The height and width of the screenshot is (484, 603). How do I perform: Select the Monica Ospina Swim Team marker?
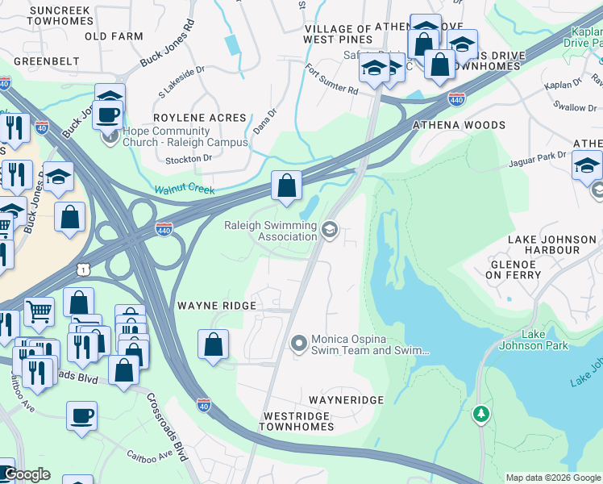(299, 344)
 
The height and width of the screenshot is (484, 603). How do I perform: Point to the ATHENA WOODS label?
(459, 125)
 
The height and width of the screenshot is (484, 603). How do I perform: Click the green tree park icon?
(481, 413)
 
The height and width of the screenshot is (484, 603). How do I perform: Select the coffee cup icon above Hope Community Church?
(108, 114)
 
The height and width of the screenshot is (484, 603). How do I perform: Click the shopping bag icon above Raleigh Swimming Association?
(286, 186)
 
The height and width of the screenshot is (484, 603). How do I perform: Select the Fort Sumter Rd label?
(331, 80)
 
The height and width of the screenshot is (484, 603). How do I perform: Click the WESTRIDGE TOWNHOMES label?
(297, 421)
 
